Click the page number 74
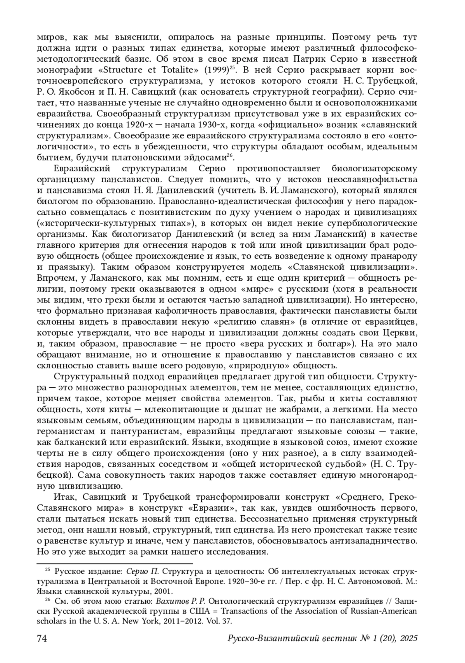pos(42,638)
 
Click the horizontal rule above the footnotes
pos(115,563)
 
